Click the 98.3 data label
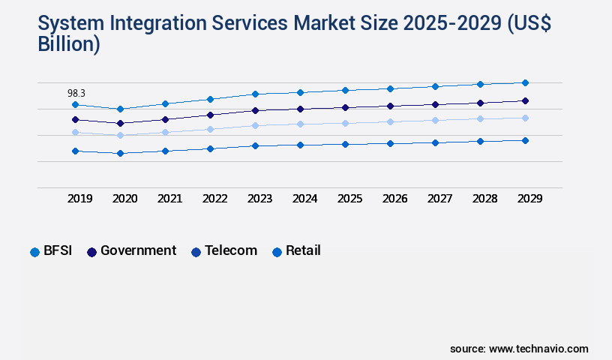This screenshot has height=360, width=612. [x=76, y=93]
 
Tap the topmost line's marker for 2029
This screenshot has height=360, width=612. [x=525, y=82]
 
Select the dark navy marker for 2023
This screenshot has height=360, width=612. [x=255, y=110]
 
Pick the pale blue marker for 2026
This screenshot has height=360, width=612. [x=390, y=121]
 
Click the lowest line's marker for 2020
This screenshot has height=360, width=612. [x=120, y=153]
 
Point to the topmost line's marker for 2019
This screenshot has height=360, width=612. [x=75, y=104]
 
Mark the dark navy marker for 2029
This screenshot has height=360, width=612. [x=525, y=100]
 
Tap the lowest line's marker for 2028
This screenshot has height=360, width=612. [x=480, y=141]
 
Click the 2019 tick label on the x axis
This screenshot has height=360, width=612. [x=79, y=199]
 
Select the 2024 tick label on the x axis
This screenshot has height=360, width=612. [x=304, y=199]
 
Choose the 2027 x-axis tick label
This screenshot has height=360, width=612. [x=439, y=199]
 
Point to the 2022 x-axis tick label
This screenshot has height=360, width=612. [x=214, y=199]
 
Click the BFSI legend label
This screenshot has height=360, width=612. [x=58, y=251]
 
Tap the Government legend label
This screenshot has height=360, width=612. [x=138, y=251]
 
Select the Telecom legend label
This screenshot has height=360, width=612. [x=231, y=251]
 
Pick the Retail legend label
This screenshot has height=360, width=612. [x=303, y=251]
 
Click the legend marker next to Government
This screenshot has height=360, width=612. [x=91, y=252]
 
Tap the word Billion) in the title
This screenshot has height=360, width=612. [x=69, y=43]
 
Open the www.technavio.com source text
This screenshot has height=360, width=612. [x=538, y=349]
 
